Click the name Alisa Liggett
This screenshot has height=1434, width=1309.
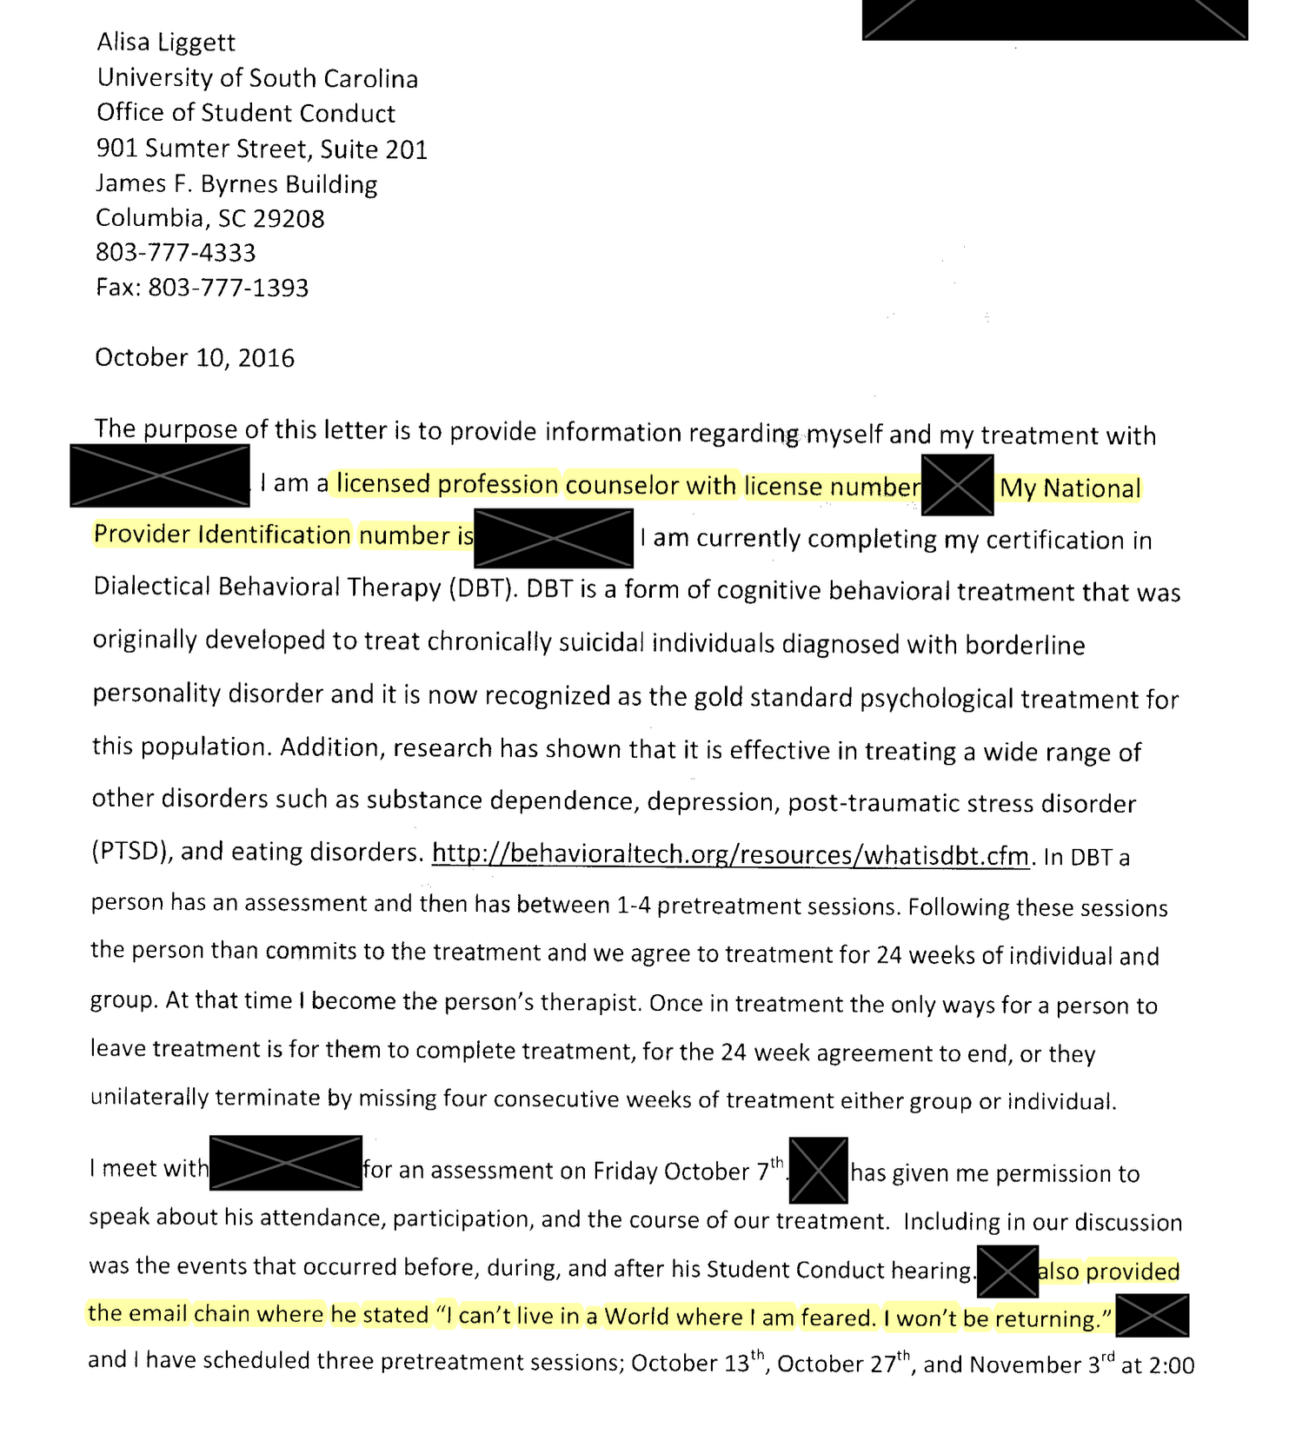pos(166,43)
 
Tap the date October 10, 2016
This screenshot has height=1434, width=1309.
pos(195,358)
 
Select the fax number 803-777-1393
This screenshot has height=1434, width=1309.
pos(229,288)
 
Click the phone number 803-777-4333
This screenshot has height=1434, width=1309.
pos(176,253)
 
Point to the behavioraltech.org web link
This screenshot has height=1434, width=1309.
pos(730,855)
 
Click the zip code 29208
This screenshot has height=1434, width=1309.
pos(289,218)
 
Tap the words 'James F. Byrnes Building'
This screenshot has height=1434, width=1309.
pos(236,184)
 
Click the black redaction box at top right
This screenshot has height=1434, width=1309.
pos(1054,19)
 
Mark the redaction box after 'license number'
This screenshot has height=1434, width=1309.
pos(957,484)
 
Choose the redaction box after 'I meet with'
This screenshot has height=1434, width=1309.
pos(286,1163)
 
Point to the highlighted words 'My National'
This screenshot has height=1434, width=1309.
pos(1070,488)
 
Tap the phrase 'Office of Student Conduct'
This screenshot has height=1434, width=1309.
pos(246,114)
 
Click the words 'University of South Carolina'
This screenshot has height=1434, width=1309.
pos(257,78)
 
